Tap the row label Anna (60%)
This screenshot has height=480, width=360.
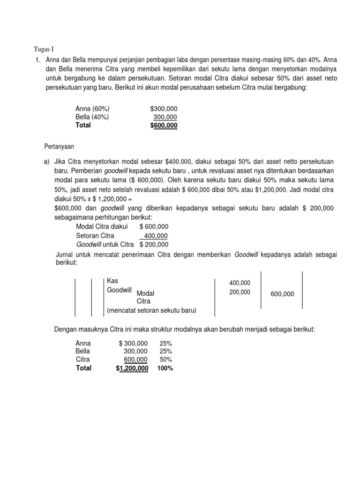click(92, 109)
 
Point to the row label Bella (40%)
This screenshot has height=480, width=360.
click(93, 117)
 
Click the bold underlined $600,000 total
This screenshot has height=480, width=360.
click(164, 125)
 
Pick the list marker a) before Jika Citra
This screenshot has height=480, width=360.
click(46, 161)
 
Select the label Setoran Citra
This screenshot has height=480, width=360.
click(95, 236)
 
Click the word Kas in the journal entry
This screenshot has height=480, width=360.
click(112, 280)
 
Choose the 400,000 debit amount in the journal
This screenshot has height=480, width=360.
click(240, 283)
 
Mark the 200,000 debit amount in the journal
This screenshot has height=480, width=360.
click(240, 292)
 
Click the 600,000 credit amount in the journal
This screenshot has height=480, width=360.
click(282, 294)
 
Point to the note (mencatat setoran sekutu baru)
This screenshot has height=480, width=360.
click(152, 310)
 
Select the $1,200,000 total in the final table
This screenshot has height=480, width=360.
click(132, 368)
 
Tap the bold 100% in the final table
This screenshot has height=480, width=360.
click(165, 368)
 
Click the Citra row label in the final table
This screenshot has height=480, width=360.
click(82, 360)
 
